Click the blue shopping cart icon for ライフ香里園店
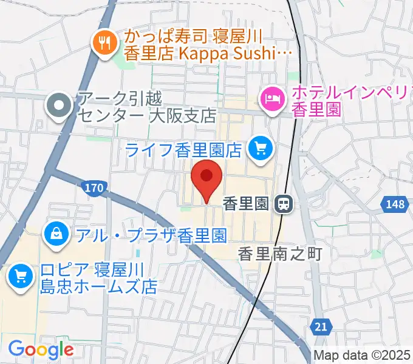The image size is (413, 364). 262,147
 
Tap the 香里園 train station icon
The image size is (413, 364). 284,204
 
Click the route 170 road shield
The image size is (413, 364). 94,189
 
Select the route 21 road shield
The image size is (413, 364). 323,327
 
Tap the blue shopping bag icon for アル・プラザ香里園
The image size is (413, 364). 56,232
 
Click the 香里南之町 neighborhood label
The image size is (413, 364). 279,253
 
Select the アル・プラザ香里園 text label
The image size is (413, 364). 152,234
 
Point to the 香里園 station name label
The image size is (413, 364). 245,204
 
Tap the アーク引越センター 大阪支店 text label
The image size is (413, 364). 146,106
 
